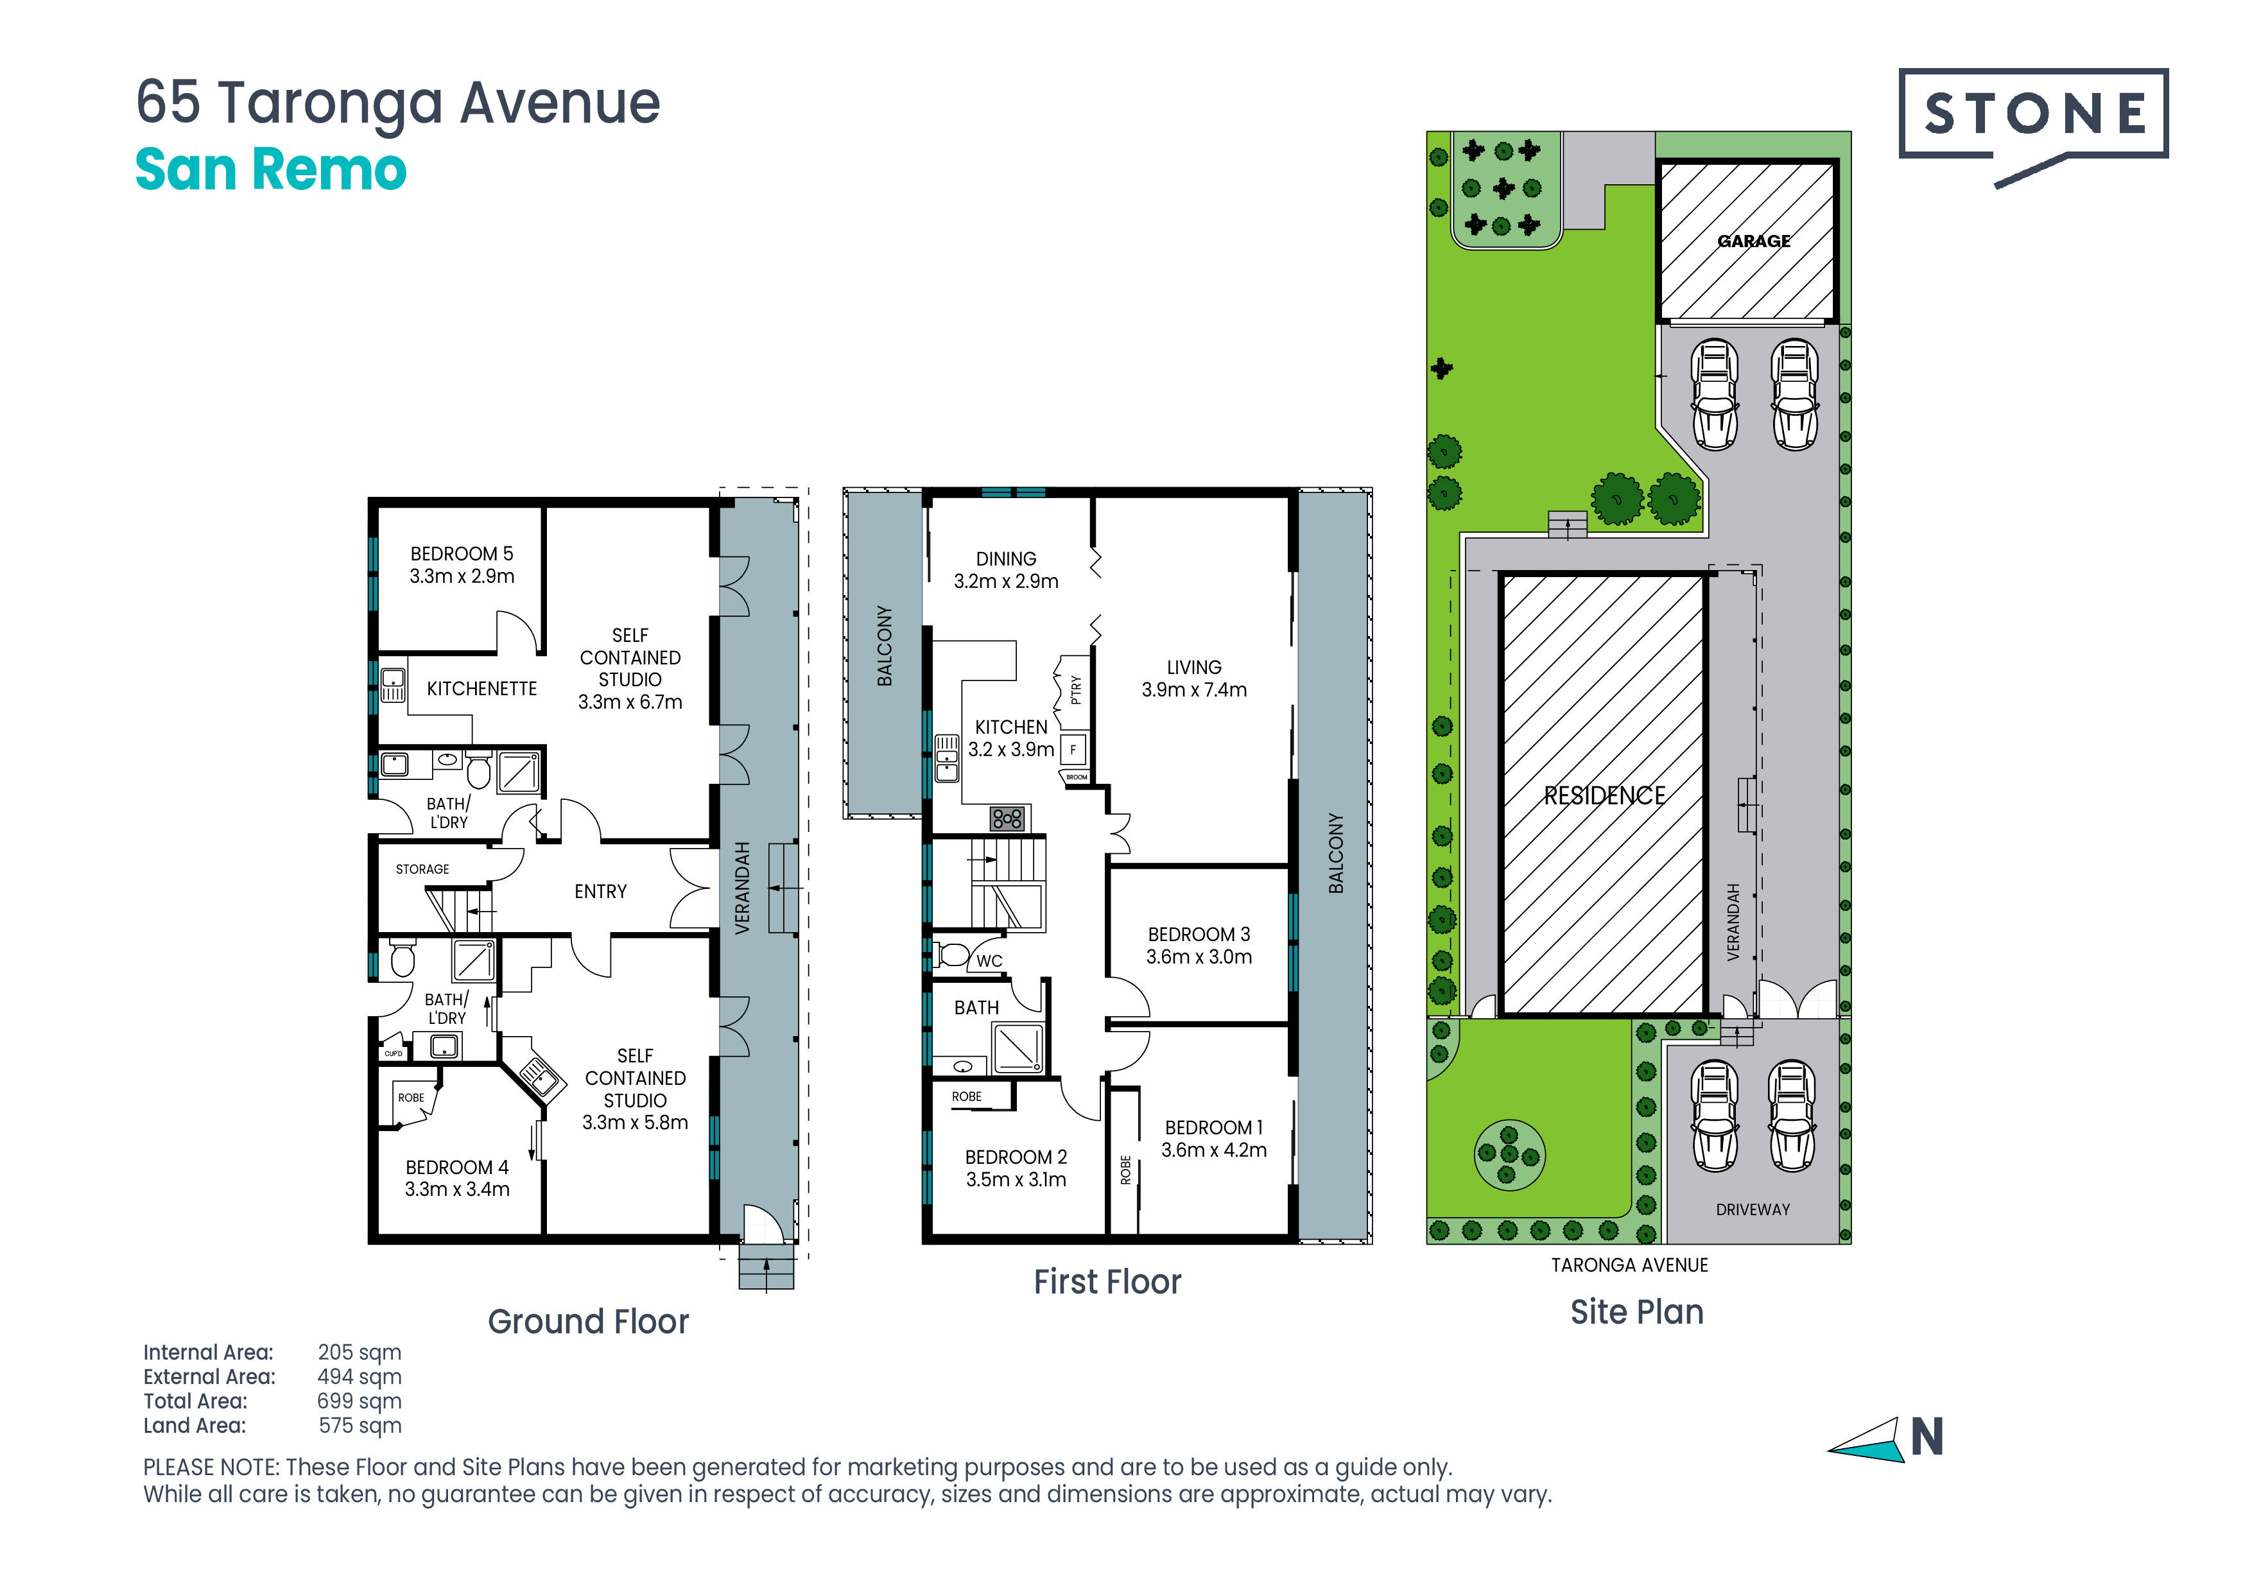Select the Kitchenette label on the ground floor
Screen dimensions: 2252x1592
click(x=481, y=689)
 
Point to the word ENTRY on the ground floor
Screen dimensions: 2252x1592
click(x=600, y=892)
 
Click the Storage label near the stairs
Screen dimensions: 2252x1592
click(x=423, y=869)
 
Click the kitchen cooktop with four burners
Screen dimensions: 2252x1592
click(x=1007, y=818)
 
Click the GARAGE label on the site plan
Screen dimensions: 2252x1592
click(x=1754, y=241)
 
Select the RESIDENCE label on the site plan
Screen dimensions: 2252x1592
click(x=1605, y=795)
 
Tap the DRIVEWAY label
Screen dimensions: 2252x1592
click(x=1753, y=1209)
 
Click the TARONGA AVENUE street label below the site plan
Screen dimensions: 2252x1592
click(x=1629, y=1265)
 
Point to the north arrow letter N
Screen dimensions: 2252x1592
click(x=1927, y=1438)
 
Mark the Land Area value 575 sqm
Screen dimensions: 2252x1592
click(x=360, y=1425)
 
